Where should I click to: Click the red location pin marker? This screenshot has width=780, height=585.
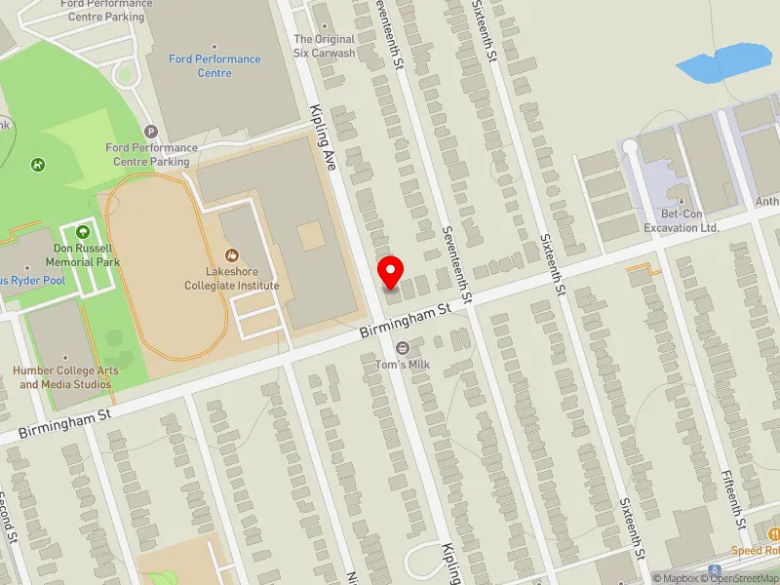(391, 272)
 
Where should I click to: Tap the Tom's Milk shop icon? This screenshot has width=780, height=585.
(402, 349)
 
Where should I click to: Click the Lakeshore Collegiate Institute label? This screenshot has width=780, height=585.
(232, 279)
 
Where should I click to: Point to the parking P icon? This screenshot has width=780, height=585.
(150, 131)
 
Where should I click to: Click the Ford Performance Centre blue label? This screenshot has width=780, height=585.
(214, 65)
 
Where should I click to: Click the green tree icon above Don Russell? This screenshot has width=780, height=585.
(82, 232)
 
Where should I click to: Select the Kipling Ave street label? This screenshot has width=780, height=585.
(322, 138)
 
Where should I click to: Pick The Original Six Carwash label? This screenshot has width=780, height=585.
(325, 46)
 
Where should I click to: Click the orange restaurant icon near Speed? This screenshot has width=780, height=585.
(773, 533)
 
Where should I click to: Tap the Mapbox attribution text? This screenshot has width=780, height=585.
(678, 578)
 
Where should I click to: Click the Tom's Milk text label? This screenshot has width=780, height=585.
(402, 366)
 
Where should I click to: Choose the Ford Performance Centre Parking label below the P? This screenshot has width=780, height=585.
(150, 154)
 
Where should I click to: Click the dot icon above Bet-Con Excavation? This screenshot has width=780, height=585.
(682, 203)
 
